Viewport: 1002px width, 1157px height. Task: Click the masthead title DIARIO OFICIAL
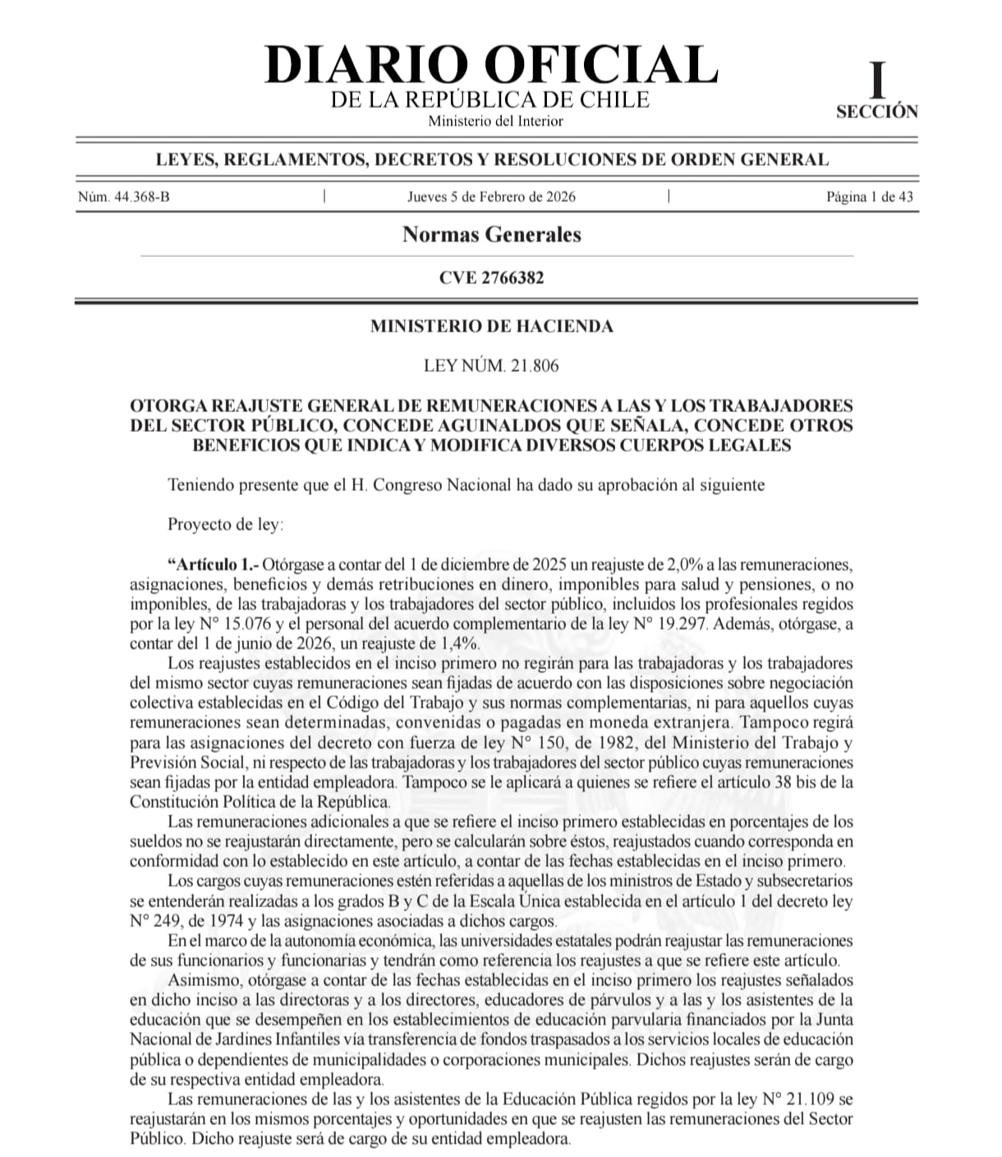pyautogui.click(x=491, y=65)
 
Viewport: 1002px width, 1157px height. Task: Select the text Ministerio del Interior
pyautogui.click(x=495, y=122)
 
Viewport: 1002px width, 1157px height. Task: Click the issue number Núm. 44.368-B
pyautogui.click(x=124, y=197)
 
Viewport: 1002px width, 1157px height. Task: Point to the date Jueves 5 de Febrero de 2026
pyautogui.click(x=491, y=197)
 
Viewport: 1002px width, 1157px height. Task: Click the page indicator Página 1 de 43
pyautogui.click(x=869, y=197)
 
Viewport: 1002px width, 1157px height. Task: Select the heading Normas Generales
pyautogui.click(x=491, y=235)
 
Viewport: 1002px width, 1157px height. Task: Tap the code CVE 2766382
pyautogui.click(x=491, y=278)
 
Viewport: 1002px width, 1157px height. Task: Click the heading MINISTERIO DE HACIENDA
pyautogui.click(x=491, y=326)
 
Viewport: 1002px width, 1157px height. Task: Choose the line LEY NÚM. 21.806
pyautogui.click(x=491, y=365)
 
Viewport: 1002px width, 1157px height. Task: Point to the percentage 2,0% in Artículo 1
pyautogui.click(x=679, y=565)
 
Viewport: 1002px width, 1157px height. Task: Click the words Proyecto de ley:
pyautogui.click(x=225, y=524)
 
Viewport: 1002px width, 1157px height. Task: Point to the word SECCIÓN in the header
pyautogui.click(x=877, y=112)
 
